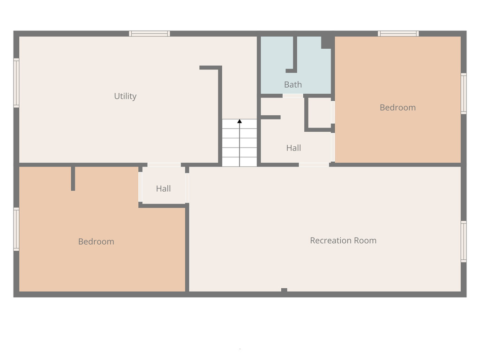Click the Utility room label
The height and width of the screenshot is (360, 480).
pyautogui.click(x=125, y=96)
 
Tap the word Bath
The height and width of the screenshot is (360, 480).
pyautogui.click(x=293, y=85)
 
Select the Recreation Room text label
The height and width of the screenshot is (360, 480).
pyautogui.click(x=343, y=240)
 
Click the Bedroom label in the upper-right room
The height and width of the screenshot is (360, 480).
pyautogui.click(x=397, y=107)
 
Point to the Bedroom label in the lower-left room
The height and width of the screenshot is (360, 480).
pyautogui.click(x=96, y=241)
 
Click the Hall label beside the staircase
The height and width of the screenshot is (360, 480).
pyautogui.click(x=293, y=148)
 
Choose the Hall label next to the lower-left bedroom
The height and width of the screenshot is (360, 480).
pyautogui.click(x=163, y=188)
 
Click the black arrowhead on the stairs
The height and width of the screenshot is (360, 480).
pyautogui.click(x=240, y=121)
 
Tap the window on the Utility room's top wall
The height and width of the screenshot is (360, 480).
pyautogui.click(x=150, y=33)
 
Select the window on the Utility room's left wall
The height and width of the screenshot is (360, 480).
pyautogui.click(x=16, y=83)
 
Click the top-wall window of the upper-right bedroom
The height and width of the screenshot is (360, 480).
pyautogui.click(x=398, y=33)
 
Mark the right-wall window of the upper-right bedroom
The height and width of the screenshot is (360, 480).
pyautogui.click(x=464, y=93)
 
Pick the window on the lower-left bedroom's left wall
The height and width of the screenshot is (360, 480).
pyautogui.click(x=16, y=229)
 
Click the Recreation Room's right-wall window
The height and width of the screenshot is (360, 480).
pyautogui.click(x=464, y=241)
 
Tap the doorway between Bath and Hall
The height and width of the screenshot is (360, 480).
pyautogui.click(x=293, y=96)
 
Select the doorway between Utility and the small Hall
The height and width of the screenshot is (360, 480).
pyautogui.click(x=164, y=165)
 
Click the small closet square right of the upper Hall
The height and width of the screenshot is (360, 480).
pyautogui.click(x=319, y=112)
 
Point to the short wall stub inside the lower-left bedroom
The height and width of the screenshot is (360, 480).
pyautogui.click(x=73, y=178)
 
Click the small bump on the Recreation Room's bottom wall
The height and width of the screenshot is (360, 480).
pyautogui.click(x=284, y=290)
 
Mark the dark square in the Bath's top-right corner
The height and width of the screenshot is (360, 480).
pyautogui.click(x=327, y=42)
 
